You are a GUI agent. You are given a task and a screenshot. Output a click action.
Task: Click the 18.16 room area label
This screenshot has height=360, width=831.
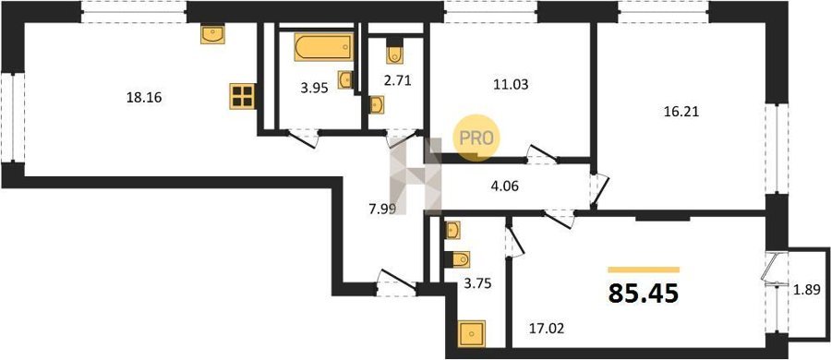[144, 98]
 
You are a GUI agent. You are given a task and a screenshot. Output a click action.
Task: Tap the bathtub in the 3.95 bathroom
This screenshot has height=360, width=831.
[324, 48]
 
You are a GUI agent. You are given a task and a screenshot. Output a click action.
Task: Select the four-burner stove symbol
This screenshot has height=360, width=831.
[242, 97]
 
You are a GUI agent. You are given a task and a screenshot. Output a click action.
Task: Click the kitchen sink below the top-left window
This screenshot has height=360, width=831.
[213, 34]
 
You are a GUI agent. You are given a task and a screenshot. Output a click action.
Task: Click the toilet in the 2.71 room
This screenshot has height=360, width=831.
[395, 52]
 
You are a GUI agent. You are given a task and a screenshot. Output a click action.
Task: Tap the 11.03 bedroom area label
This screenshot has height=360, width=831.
[511, 84]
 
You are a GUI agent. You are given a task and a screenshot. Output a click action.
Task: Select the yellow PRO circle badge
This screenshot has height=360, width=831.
[476, 138]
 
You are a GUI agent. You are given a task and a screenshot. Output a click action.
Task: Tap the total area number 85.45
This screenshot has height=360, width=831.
[644, 294]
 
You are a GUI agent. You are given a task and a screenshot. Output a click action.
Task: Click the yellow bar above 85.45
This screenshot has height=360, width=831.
[644, 270]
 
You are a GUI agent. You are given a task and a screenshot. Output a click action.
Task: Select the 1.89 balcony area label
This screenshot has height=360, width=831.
[807, 290]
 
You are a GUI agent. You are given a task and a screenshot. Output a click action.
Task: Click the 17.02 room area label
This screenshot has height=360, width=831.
[546, 329]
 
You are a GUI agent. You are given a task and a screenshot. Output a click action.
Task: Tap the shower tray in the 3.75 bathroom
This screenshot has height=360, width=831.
[471, 334]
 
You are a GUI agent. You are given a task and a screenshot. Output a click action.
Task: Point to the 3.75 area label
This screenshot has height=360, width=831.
[477, 283]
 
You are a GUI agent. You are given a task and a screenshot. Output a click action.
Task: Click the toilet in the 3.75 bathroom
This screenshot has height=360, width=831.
[457, 259]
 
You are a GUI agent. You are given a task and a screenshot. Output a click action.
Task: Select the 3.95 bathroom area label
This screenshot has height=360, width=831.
[314, 88]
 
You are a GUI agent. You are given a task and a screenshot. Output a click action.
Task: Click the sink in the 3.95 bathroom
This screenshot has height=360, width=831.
[345, 79]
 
